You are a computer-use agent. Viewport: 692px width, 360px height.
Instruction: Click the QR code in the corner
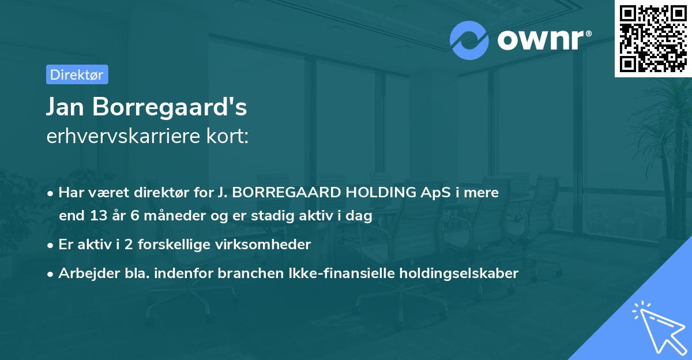click(x=653, y=38)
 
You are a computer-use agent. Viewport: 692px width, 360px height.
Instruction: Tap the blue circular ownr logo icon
click(x=469, y=40)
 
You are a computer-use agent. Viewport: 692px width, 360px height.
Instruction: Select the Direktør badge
click(x=77, y=74)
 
